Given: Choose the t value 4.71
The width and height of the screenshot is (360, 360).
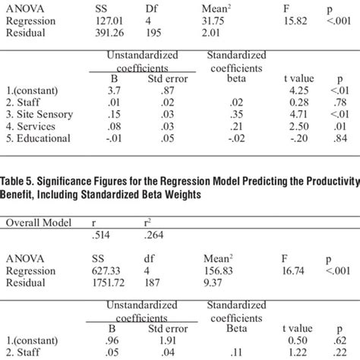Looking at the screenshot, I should coord(289,114).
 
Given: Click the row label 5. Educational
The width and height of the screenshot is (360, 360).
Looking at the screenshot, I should coord(37,138).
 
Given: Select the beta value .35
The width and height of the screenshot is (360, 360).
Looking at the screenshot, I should coord(218,114).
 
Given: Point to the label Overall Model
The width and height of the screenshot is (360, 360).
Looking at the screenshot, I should coord(36,223).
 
